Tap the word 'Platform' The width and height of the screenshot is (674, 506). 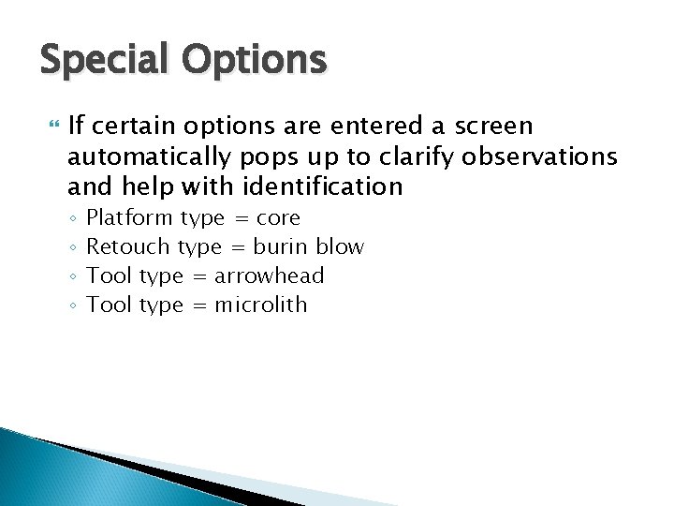click(129, 218)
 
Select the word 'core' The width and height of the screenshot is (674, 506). click(278, 218)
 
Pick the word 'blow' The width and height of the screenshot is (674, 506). click(340, 247)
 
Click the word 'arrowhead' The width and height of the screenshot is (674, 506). click(270, 276)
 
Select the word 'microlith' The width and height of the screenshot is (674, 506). click(261, 305)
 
